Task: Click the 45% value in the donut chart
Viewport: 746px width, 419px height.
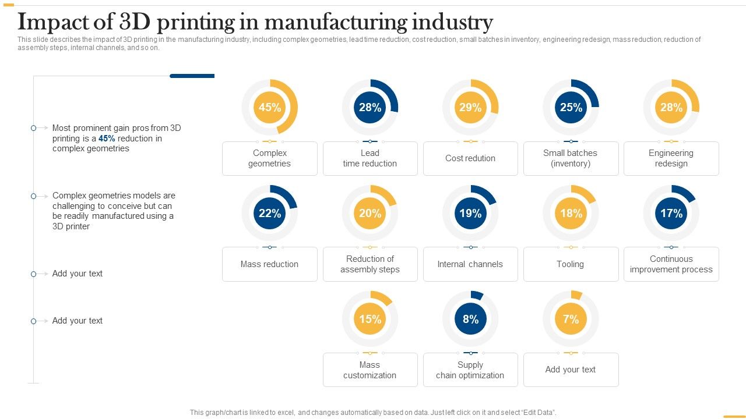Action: tap(270, 107)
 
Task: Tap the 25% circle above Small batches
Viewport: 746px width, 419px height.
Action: tap(571, 107)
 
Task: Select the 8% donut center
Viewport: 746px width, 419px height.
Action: tap(470, 319)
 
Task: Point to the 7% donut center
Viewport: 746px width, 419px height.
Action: tap(571, 319)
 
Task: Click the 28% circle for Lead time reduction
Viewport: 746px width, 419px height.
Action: tap(370, 107)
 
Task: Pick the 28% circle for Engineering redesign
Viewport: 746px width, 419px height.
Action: tap(671, 107)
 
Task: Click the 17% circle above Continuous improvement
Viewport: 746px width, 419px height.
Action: tap(671, 213)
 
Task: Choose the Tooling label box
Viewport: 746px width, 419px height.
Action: tap(571, 264)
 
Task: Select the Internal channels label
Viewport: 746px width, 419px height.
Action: tap(470, 264)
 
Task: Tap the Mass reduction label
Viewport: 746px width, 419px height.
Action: tap(269, 264)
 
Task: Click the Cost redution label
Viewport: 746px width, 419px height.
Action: tap(470, 158)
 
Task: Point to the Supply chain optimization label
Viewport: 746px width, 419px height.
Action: tap(470, 370)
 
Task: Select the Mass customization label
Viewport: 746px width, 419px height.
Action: tap(370, 370)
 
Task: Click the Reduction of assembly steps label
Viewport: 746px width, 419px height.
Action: tap(370, 264)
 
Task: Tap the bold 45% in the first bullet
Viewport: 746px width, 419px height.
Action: tap(107, 139)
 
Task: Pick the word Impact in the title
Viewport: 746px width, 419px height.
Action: tap(55, 23)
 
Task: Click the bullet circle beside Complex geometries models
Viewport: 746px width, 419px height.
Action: tap(34, 196)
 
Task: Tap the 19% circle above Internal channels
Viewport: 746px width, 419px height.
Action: tap(470, 213)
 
